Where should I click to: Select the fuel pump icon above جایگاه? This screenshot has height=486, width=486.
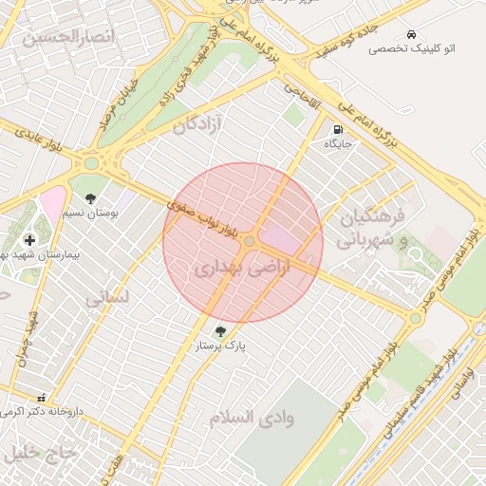tap(339, 129)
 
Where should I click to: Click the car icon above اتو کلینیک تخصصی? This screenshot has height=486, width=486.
tap(410, 33)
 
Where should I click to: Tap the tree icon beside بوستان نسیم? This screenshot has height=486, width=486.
tap(90, 199)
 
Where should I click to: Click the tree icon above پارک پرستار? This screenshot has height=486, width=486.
tap(221, 332)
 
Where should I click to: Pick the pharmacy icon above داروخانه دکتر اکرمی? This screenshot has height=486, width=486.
tap(40, 399)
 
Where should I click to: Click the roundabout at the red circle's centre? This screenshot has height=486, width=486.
tap(249, 242)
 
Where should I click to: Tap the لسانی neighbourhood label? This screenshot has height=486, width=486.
tap(106, 298)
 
